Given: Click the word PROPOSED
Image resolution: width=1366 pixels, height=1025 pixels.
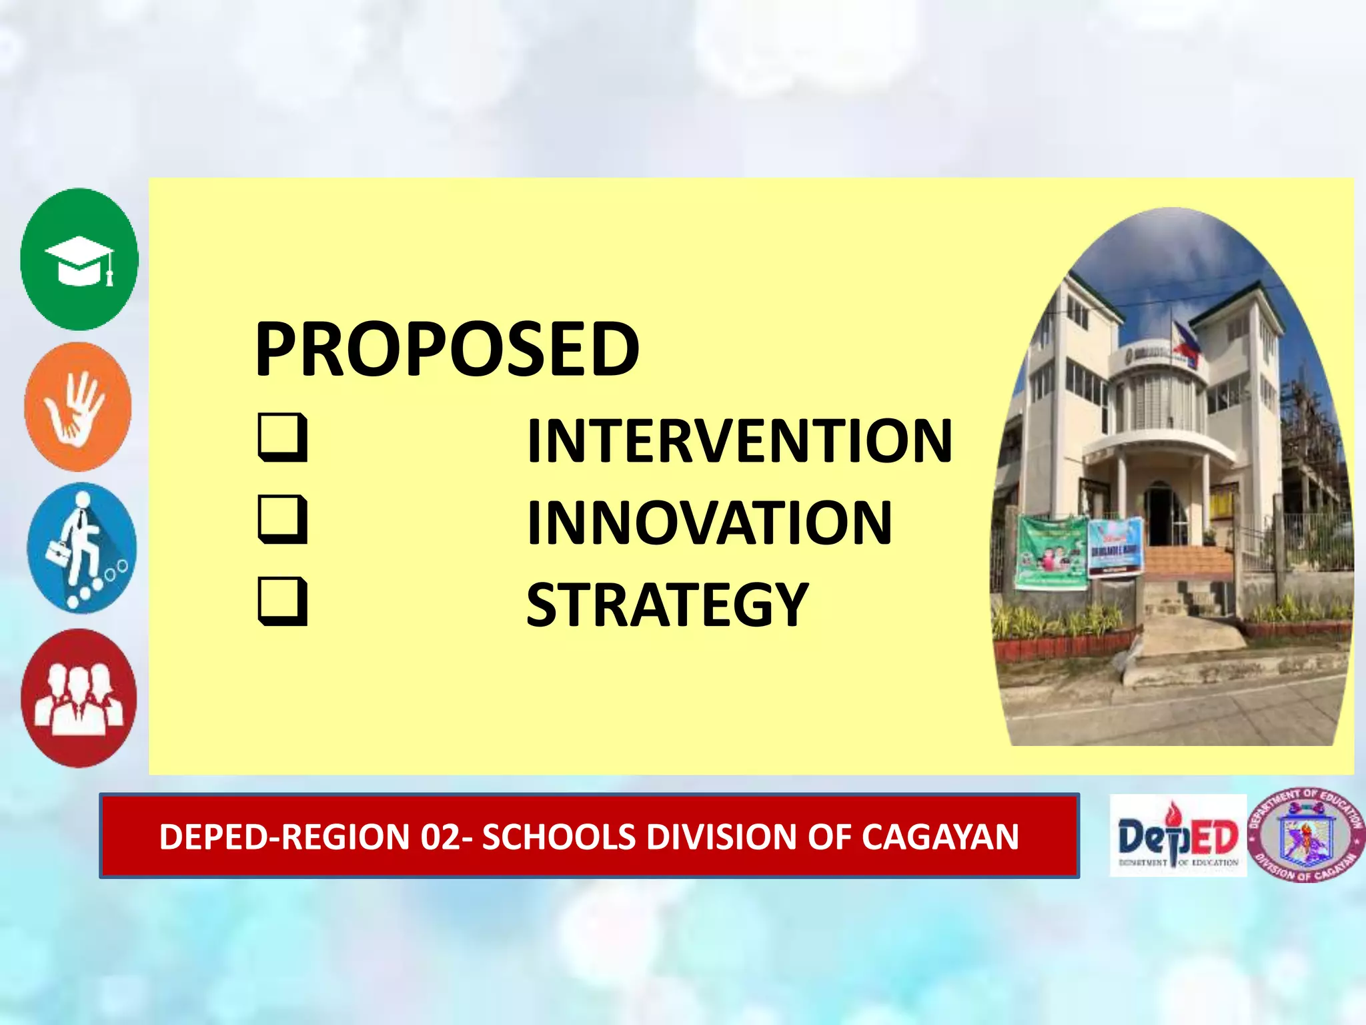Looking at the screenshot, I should pyautogui.click(x=447, y=348).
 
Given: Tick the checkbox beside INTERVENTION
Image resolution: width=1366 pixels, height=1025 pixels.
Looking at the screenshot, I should pyautogui.click(x=283, y=438).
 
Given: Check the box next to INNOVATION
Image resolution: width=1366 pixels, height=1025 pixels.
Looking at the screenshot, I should pyautogui.click(x=283, y=519).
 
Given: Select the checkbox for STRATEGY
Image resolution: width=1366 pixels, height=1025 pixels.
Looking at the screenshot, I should pyautogui.click(x=283, y=601).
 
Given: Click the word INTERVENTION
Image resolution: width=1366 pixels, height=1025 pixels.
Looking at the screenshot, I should pyautogui.click(x=739, y=440).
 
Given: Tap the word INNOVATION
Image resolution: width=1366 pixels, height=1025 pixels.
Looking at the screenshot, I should pyautogui.click(x=709, y=523).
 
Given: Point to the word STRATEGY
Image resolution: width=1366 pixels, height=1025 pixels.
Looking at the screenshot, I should pyautogui.click(x=667, y=605).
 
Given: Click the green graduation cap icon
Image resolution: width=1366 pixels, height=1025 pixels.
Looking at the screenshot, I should pyautogui.click(x=79, y=260).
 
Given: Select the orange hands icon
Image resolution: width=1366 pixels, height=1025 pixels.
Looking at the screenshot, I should pyautogui.click(x=78, y=407).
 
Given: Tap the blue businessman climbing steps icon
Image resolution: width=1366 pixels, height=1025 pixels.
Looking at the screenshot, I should pyautogui.click(x=81, y=549).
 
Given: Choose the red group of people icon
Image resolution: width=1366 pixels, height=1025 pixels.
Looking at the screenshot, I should pyautogui.click(x=79, y=698).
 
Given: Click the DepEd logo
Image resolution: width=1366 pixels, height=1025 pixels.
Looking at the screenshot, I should pyautogui.click(x=1178, y=835).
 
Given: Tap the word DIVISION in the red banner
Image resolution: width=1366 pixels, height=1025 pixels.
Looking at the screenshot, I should pyautogui.click(x=722, y=837).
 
